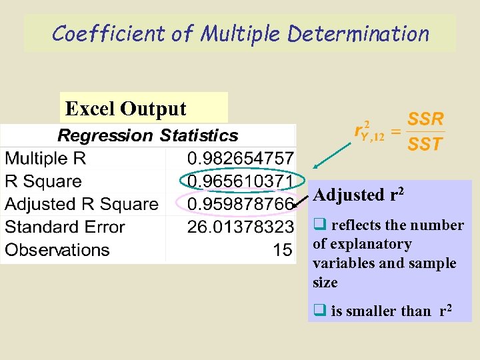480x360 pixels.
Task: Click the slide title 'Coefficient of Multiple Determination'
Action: [240, 33]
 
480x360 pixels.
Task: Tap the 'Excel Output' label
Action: [124, 109]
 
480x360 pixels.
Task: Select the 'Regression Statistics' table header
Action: [147, 136]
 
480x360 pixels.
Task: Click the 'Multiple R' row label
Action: [45, 159]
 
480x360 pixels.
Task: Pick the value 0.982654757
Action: [240, 159]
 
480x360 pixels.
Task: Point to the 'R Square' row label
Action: [43, 181]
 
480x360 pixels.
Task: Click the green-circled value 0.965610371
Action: [240, 181]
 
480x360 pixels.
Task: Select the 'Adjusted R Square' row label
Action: [81, 204]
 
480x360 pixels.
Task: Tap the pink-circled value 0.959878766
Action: [240, 204]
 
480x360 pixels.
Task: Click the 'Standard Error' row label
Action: [65, 227]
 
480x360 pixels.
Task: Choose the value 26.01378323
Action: [240, 227]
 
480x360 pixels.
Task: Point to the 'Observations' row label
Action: [57, 250]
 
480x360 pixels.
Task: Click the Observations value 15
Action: [283, 250]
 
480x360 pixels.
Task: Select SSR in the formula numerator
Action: [425, 119]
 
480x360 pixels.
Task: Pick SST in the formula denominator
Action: [425, 143]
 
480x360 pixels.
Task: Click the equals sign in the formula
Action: [395, 133]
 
